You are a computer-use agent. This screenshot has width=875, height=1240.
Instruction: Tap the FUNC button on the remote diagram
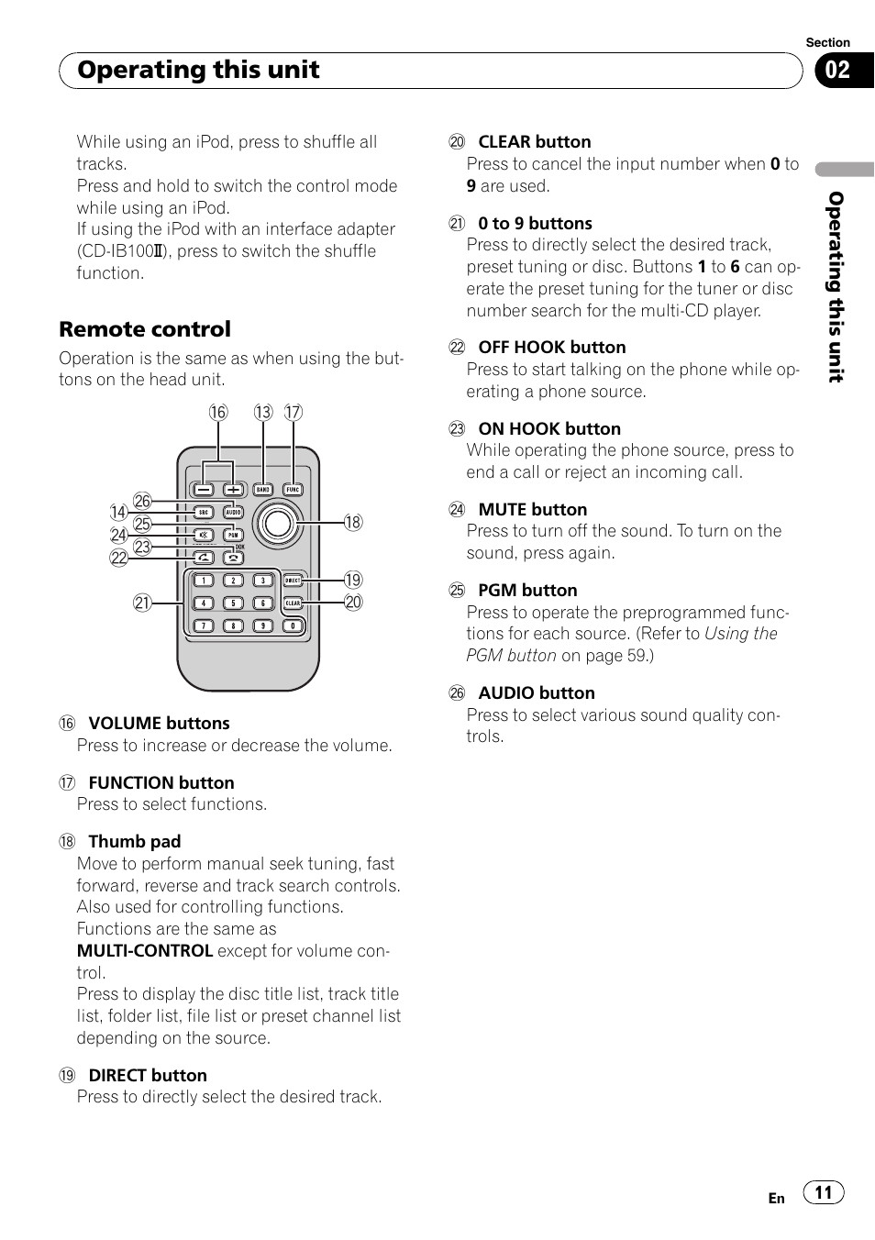point(293,490)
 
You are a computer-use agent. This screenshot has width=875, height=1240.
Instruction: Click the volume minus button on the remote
point(204,490)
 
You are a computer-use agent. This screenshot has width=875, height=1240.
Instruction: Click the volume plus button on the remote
point(233,490)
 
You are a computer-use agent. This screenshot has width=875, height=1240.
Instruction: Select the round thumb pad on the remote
point(277,524)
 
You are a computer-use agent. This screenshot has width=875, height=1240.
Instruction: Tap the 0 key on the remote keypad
point(293,626)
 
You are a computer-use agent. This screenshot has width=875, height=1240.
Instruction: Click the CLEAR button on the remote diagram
point(293,603)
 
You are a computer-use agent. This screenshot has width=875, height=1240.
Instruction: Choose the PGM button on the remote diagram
point(233,535)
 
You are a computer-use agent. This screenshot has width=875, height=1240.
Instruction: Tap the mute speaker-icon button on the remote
point(204,535)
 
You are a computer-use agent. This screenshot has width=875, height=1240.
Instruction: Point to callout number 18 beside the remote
point(353,523)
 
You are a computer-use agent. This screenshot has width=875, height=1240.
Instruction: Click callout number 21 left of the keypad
point(141,603)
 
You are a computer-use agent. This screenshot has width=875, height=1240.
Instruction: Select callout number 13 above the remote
point(263,413)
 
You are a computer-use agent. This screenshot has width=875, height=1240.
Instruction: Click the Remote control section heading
point(145,329)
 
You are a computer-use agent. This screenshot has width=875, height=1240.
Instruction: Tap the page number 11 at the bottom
point(824,1192)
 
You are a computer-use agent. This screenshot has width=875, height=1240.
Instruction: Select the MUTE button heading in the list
point(532,510)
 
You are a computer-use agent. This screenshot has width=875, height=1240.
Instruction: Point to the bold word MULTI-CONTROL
point(145,951)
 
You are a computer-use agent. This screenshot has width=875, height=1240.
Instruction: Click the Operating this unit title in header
point(198,71)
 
